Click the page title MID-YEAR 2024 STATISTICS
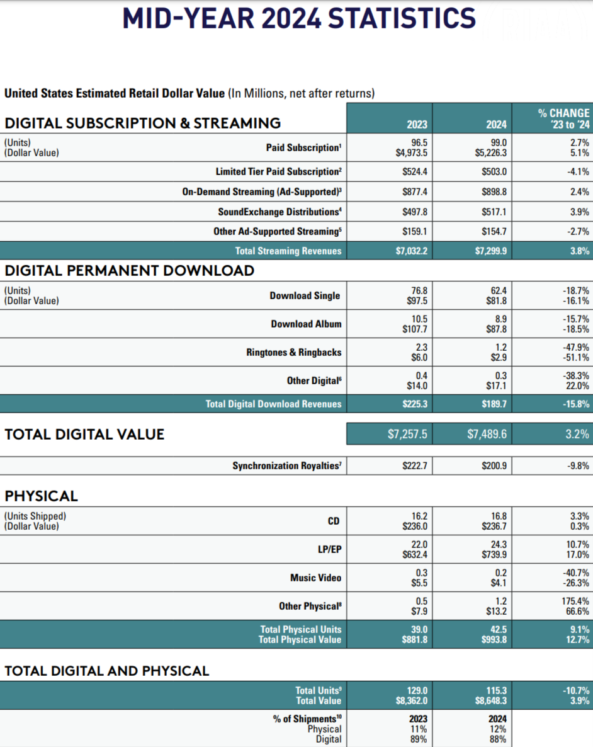click(299, 18)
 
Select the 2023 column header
click(417, 124)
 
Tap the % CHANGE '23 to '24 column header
click(563, 118)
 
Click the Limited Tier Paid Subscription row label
click(279, 171)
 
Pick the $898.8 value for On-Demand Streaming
click(494, 191)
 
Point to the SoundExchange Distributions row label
click(280, 212)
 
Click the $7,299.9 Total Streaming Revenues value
click(490, 251)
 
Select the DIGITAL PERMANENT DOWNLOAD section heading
click(130, 271)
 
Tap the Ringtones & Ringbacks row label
click(294, 352)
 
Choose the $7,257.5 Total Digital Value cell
click(407, 434)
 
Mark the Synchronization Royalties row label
click(286, 465)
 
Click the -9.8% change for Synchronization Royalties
click(578, 465)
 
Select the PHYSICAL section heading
click(42, 496)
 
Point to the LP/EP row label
click(330, 549)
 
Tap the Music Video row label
click(316, 578)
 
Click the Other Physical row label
click(310, 606)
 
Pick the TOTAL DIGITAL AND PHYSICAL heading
click(106, 671)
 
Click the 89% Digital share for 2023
click(419, 739)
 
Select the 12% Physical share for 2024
click(498, 729)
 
